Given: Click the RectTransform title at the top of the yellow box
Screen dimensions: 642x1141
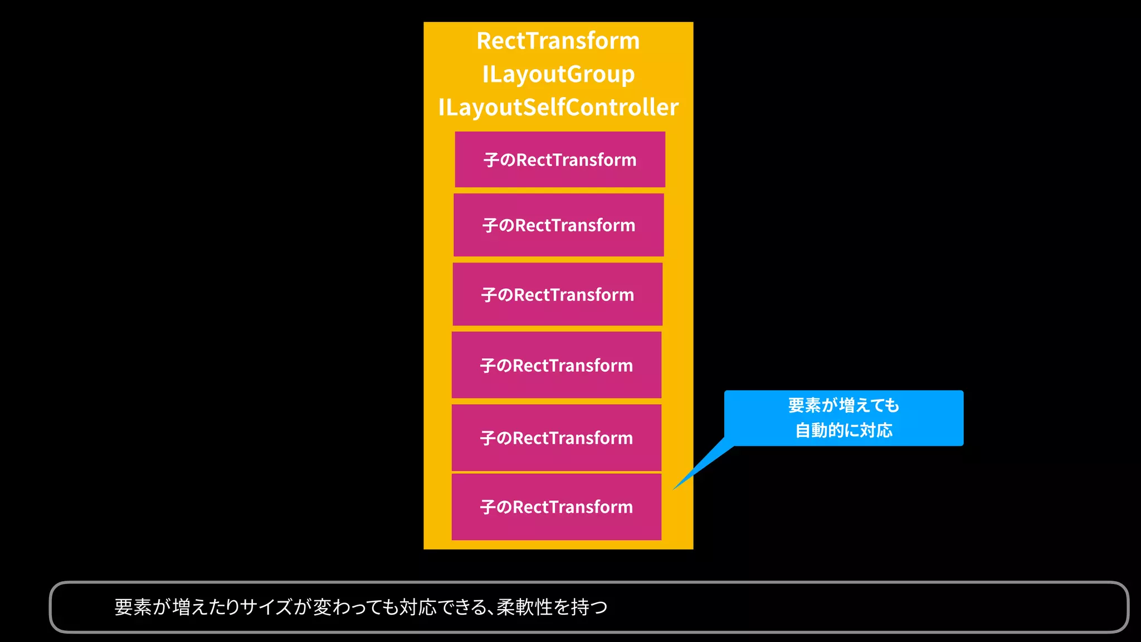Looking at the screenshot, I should [x=558, y=41].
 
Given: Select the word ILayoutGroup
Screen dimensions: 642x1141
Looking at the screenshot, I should [x=558, y=75].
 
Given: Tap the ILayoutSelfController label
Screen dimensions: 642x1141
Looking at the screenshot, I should [x=558, y=108].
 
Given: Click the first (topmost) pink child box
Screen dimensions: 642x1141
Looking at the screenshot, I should [x=560, y=159].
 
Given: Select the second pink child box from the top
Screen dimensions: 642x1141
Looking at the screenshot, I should [x=559, y=225].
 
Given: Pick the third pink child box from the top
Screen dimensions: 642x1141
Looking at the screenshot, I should [x=558, y=294].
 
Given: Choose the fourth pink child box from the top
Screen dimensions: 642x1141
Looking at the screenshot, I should [x=557, y=365].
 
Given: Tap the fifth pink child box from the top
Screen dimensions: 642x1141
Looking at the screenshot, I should [x=557, y=438].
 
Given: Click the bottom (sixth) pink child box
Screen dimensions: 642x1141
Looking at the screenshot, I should [x=557, y=507].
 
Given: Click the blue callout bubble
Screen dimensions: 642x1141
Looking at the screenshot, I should [x=843, y=418].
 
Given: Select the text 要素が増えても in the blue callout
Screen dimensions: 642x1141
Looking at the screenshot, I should [x=843, y=405].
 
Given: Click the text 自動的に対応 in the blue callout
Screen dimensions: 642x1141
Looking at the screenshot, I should [x=843, y=430].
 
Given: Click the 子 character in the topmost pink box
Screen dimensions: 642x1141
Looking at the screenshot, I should [x=491, y=160].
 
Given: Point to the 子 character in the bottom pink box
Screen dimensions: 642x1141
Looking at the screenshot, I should [x=487, y=507].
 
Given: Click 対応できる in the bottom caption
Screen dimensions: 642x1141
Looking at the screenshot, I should [x=446, y=607].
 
